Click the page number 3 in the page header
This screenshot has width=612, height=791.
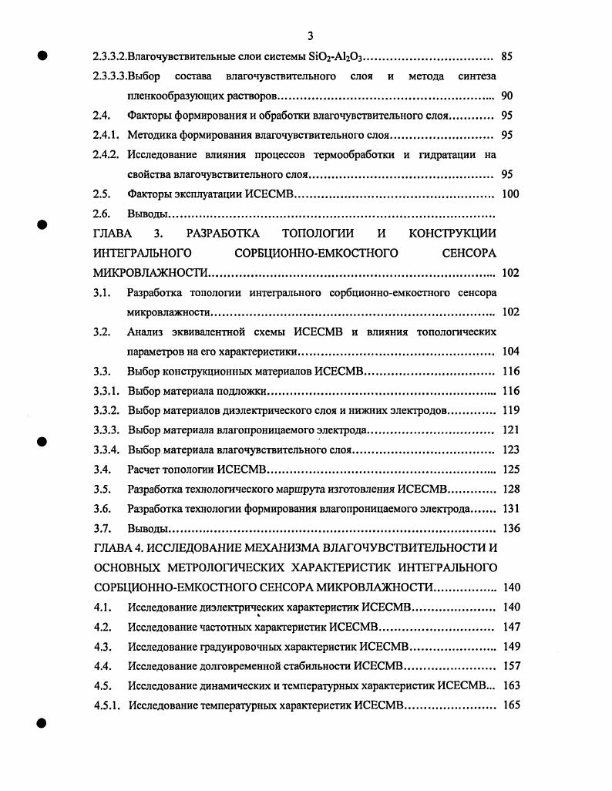(309, 35)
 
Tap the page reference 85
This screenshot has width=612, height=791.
(507, 56)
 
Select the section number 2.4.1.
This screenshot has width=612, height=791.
(105, 135)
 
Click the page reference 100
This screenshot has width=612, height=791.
(510, 194)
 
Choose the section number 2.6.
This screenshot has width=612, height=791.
(102, 214)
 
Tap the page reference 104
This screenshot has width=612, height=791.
(510, 352)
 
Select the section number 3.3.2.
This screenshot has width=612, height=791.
(106, 411)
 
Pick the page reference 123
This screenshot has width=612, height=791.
(510, 449)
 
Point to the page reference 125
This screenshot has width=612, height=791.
(510, 469)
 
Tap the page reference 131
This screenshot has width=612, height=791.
(510, 509)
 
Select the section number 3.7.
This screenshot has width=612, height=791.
(102, 528)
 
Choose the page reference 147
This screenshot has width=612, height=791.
(510, 627)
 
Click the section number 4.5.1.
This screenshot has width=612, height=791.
(105, 705)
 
